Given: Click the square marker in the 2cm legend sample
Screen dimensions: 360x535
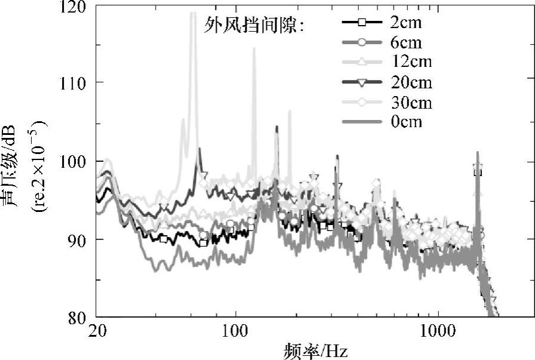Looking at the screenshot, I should coord(361,23).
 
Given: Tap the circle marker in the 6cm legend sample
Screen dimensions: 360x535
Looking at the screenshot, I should coord(361,43).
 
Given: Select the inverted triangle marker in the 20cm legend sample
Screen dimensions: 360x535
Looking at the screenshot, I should coord(361,82).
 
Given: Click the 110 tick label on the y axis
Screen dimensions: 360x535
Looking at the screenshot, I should coord(74,82).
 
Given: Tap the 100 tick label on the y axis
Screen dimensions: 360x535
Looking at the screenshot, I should coord(74,162).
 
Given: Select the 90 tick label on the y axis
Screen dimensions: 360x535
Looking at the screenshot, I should coord(78,239).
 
